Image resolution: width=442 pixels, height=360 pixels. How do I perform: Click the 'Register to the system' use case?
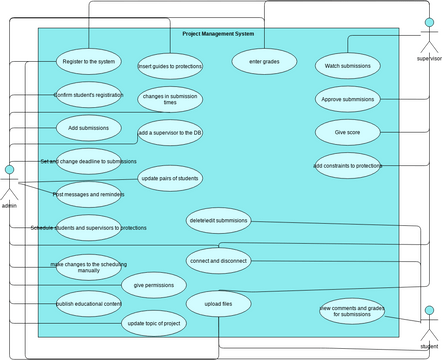[x=88, y=61]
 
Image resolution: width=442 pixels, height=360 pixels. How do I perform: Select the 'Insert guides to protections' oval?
[x=169, y=66]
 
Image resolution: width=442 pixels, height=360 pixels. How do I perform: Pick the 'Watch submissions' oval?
[x=347, y=66]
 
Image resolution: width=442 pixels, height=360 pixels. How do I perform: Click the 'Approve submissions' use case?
[x=347, y=99]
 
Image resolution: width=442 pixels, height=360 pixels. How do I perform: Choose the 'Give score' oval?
[x=347, y=132]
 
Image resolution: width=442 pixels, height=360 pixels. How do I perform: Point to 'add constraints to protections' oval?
[x=347, y=165]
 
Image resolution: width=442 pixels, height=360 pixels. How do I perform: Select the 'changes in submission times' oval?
[x=169, y=99]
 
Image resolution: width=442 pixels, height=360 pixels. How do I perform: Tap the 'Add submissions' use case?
[x=88, y=127]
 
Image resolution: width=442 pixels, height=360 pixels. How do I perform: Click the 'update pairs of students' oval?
[x=169, y=177]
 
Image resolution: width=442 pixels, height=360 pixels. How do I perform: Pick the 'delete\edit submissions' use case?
[x=217, y=220]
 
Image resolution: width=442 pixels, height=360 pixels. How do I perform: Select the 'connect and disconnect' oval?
[x=217, y=259]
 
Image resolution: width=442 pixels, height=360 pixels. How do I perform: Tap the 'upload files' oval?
[x=217, y=303]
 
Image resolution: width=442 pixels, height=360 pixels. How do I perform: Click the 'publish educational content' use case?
[x=88, y=303]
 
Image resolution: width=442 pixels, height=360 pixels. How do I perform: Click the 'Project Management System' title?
[x=218, y=34]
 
